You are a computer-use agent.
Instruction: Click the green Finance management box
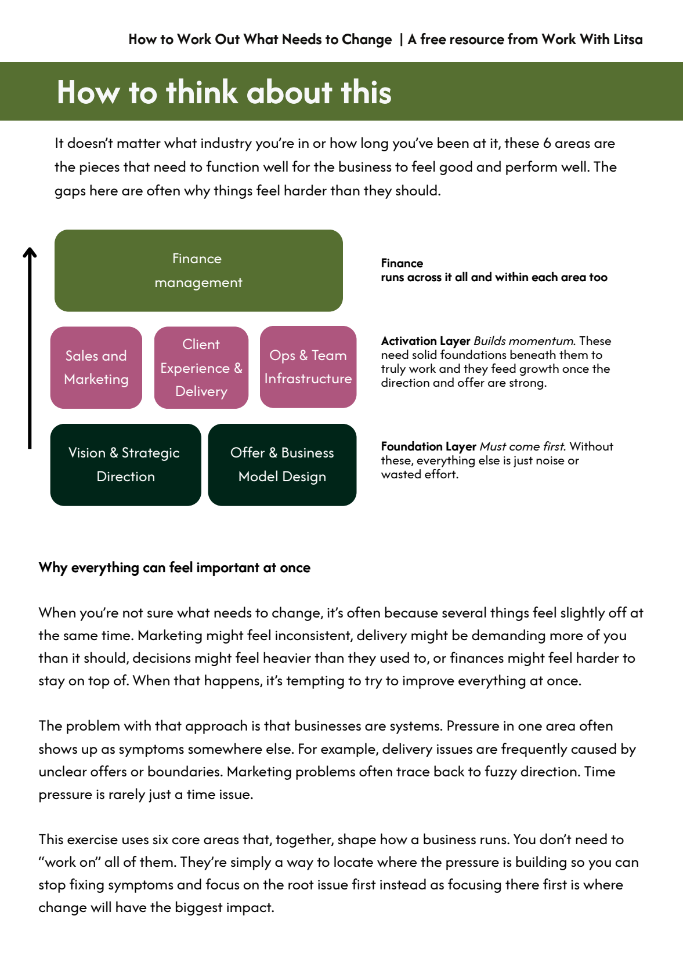198,271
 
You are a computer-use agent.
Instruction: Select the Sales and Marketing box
96,368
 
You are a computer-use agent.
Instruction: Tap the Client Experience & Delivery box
201,368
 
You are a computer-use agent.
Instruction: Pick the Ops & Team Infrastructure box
308,367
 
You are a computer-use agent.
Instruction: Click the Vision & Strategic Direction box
125,464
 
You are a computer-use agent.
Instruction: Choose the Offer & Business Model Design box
282,464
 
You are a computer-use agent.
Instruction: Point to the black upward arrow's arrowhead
30,252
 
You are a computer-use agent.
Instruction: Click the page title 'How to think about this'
224,92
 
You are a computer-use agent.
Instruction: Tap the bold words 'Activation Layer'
425,341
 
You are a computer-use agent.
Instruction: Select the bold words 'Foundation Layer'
428,446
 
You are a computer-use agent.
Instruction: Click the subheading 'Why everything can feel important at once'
174,568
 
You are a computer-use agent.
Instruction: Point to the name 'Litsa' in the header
628,39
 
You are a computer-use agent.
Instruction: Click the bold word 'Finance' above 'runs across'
402,263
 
